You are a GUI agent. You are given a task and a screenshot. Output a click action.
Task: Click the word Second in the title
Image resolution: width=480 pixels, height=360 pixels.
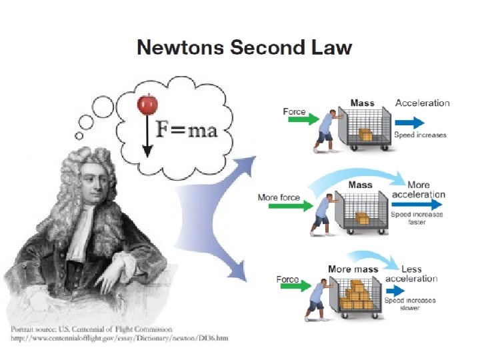[x=267, y=48]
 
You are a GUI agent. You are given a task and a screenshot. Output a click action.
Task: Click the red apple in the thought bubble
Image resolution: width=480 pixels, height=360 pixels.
[x=147, y=104]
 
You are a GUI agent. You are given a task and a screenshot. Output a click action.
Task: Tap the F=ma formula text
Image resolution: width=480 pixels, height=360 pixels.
[x=187, y=129]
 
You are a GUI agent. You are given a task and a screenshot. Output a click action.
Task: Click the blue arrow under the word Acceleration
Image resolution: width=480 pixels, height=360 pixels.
[x=409, y=123]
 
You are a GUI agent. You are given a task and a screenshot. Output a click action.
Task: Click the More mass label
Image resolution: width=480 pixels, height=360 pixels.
[x=353, y=269]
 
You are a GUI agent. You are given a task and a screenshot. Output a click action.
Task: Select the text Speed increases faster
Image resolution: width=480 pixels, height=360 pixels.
[x=417, y=218]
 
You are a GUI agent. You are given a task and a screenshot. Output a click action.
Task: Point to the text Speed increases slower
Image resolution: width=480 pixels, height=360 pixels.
[x=410, y=304]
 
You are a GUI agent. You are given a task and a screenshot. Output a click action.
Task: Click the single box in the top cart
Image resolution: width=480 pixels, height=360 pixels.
[x=366, y=135]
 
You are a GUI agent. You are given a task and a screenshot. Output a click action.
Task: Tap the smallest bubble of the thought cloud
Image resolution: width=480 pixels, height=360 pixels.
[x=79, y=136]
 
